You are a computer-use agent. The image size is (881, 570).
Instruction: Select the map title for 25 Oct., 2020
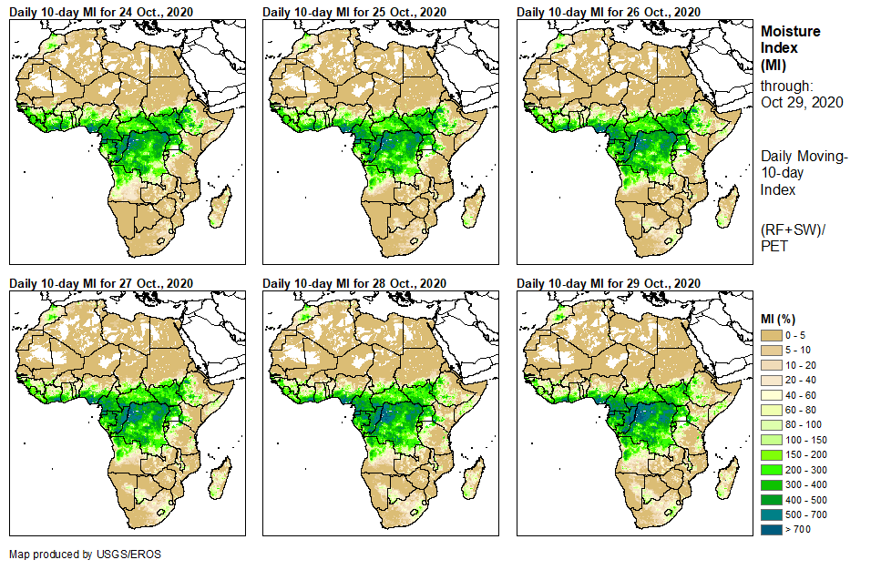point(355,12)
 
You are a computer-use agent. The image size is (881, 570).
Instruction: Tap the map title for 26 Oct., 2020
point(609,12)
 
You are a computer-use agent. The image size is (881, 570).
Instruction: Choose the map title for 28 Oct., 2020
point(355,283)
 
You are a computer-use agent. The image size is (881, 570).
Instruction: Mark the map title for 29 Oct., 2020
point(609,283)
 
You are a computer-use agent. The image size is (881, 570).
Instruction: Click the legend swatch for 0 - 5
point(771,335)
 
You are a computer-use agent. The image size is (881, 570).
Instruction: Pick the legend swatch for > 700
point(771,529)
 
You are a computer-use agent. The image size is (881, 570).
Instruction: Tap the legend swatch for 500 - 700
point(771,514)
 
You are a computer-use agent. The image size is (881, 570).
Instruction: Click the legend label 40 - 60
point(801,395)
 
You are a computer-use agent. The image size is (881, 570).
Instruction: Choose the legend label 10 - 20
point(801,365)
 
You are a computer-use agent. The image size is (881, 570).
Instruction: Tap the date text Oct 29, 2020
point(802,102)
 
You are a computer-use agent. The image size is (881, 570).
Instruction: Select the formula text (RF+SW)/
point(793,229)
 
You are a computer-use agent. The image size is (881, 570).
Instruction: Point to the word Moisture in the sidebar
point(791,31)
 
